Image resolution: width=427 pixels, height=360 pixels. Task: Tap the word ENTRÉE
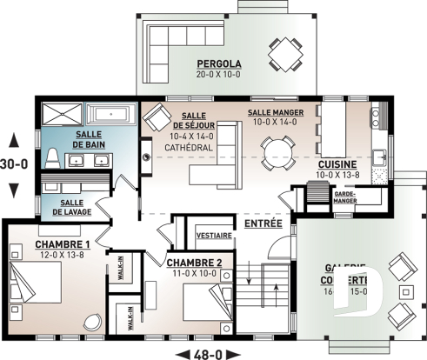262,224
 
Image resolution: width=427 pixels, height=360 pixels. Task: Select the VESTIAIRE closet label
213,236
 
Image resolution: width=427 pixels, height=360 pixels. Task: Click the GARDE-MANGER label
347,197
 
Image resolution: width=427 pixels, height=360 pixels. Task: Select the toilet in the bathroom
51,157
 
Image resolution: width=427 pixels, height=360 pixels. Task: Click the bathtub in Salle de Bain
109,114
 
